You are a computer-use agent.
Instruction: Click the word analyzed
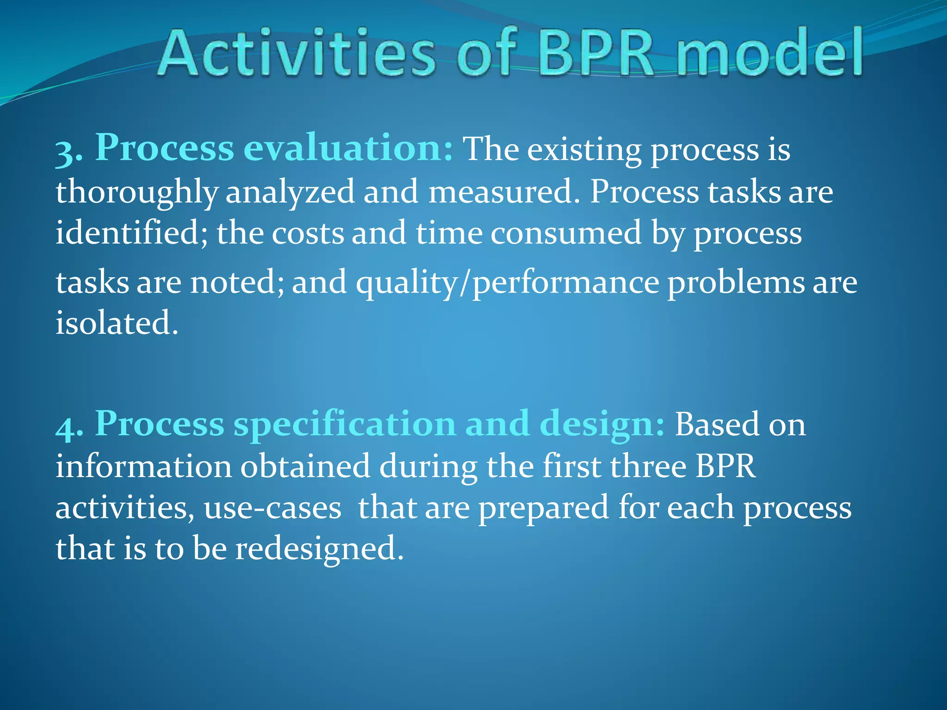pyautogui.click(x=290, y=192)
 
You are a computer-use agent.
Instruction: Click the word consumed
pyautogui.click(x=566, y=233)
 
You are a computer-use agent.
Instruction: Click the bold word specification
pyautogui.click(x=344, y=424)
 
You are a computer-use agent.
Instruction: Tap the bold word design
pyautogui.click(x=601, y=424)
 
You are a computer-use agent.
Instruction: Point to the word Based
pyautogui.click(x=717, y=424)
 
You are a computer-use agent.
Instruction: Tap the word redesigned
pyautogui.click(x=319, y=549)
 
